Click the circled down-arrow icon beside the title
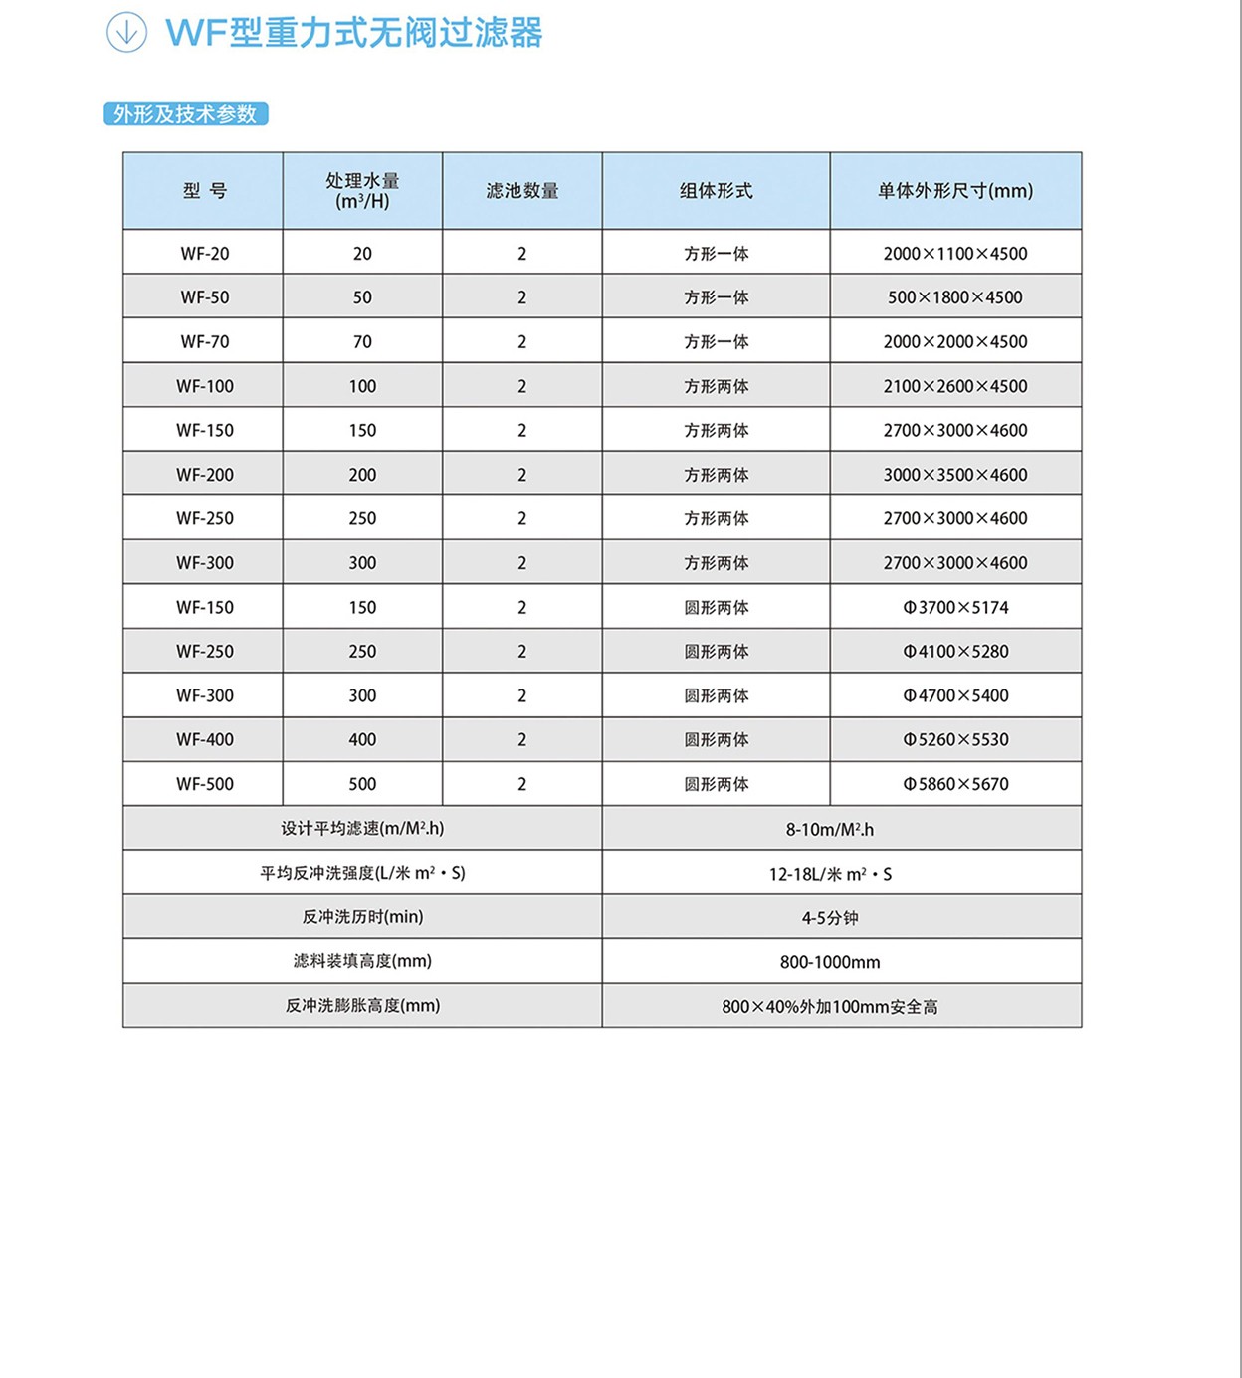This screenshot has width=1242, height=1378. pos(126,32)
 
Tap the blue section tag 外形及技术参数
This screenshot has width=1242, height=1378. pos(185,114)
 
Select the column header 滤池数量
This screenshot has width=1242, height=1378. pos(522,191)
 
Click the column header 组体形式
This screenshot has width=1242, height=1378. pos(716,191)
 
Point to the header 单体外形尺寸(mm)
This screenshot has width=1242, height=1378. pos(955,191)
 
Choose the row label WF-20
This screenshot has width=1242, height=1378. pos(205,254)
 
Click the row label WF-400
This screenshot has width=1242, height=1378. pos(205,740)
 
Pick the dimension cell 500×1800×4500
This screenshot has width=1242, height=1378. pos(955,297)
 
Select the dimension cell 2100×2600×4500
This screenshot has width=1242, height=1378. pos(955,386)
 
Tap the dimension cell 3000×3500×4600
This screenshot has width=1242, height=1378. pos(955,475)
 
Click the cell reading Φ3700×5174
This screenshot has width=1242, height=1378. pos(955,607)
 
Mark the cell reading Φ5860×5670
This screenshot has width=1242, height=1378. pos(955,784)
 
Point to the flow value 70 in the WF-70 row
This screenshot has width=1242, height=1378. pos(362,342)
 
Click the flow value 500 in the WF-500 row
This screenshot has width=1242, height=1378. pos(362,784)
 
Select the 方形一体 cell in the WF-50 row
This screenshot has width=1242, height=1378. pos(716,297)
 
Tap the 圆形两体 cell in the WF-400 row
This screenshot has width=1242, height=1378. pos(716,740)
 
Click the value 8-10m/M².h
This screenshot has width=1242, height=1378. pos(830,829)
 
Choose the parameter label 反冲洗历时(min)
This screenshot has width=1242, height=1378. pos(362,917)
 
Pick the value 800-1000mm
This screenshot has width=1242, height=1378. pos(830,962)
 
